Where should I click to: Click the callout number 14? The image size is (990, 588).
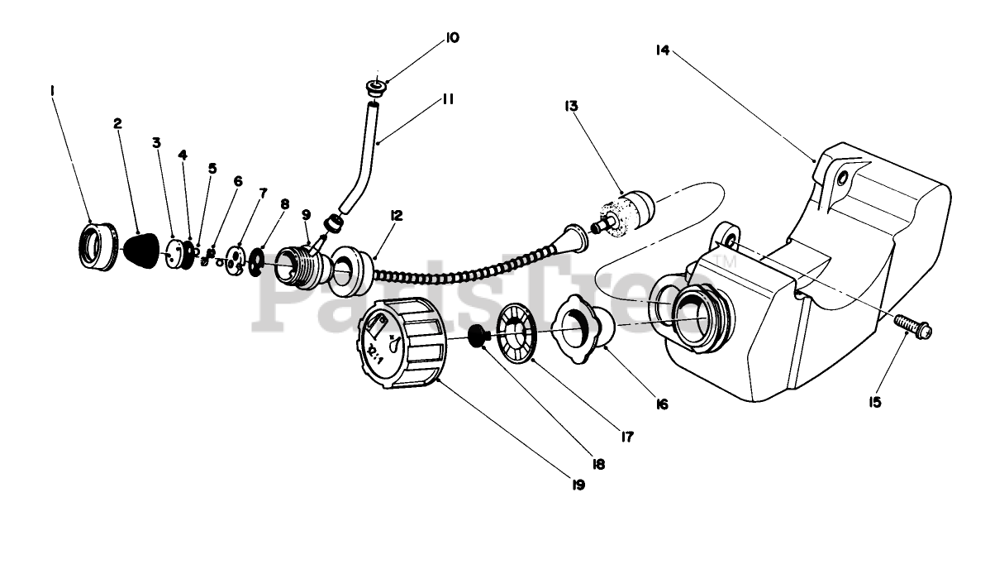662,50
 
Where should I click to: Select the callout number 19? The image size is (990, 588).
578,485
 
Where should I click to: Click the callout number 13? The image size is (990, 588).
572,106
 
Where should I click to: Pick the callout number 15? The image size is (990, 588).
875,402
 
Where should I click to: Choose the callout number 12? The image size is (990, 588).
397,216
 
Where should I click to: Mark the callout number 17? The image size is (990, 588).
627,436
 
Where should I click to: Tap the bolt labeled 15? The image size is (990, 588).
913,326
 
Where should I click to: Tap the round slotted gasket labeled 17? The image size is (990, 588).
517,334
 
